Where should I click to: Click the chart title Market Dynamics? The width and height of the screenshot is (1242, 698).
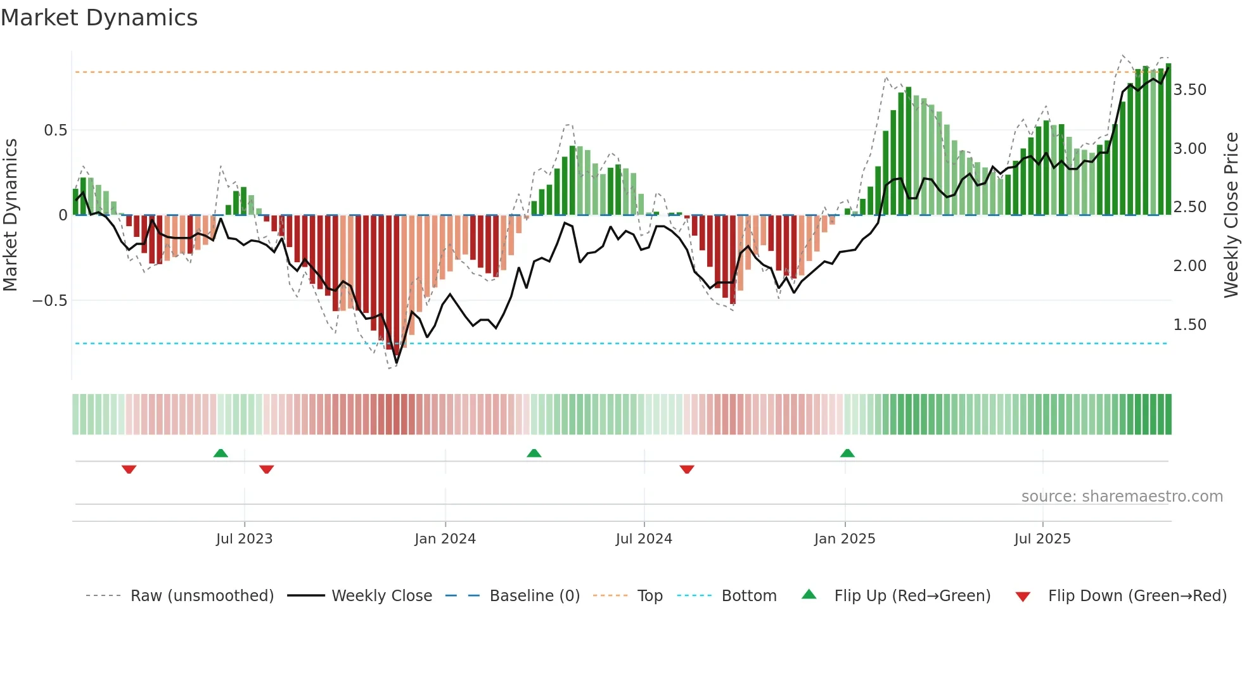(99, 18)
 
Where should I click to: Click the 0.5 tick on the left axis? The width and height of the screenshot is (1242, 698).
(55, 130)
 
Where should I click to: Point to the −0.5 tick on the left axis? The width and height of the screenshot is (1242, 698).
(50, 301)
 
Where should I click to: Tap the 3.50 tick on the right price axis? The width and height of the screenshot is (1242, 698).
(1189, 90)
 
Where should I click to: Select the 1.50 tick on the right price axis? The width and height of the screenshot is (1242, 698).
(1189, 325)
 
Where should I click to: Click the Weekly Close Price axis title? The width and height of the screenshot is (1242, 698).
(1231, 215)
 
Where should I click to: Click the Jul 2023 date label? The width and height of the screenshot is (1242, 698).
(244, 539)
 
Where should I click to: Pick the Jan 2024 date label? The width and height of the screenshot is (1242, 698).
(445, 539)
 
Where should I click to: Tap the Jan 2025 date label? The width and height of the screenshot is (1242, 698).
(844, 539)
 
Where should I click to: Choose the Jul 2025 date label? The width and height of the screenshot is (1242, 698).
(1042, 539)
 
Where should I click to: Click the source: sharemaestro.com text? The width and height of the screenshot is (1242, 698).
(1122, 497)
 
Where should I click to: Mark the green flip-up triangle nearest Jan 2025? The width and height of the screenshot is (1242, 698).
(847, 454)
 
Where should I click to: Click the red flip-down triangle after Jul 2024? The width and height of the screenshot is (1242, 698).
(687, 469)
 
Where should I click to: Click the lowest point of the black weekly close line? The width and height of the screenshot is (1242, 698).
(397, 364)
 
